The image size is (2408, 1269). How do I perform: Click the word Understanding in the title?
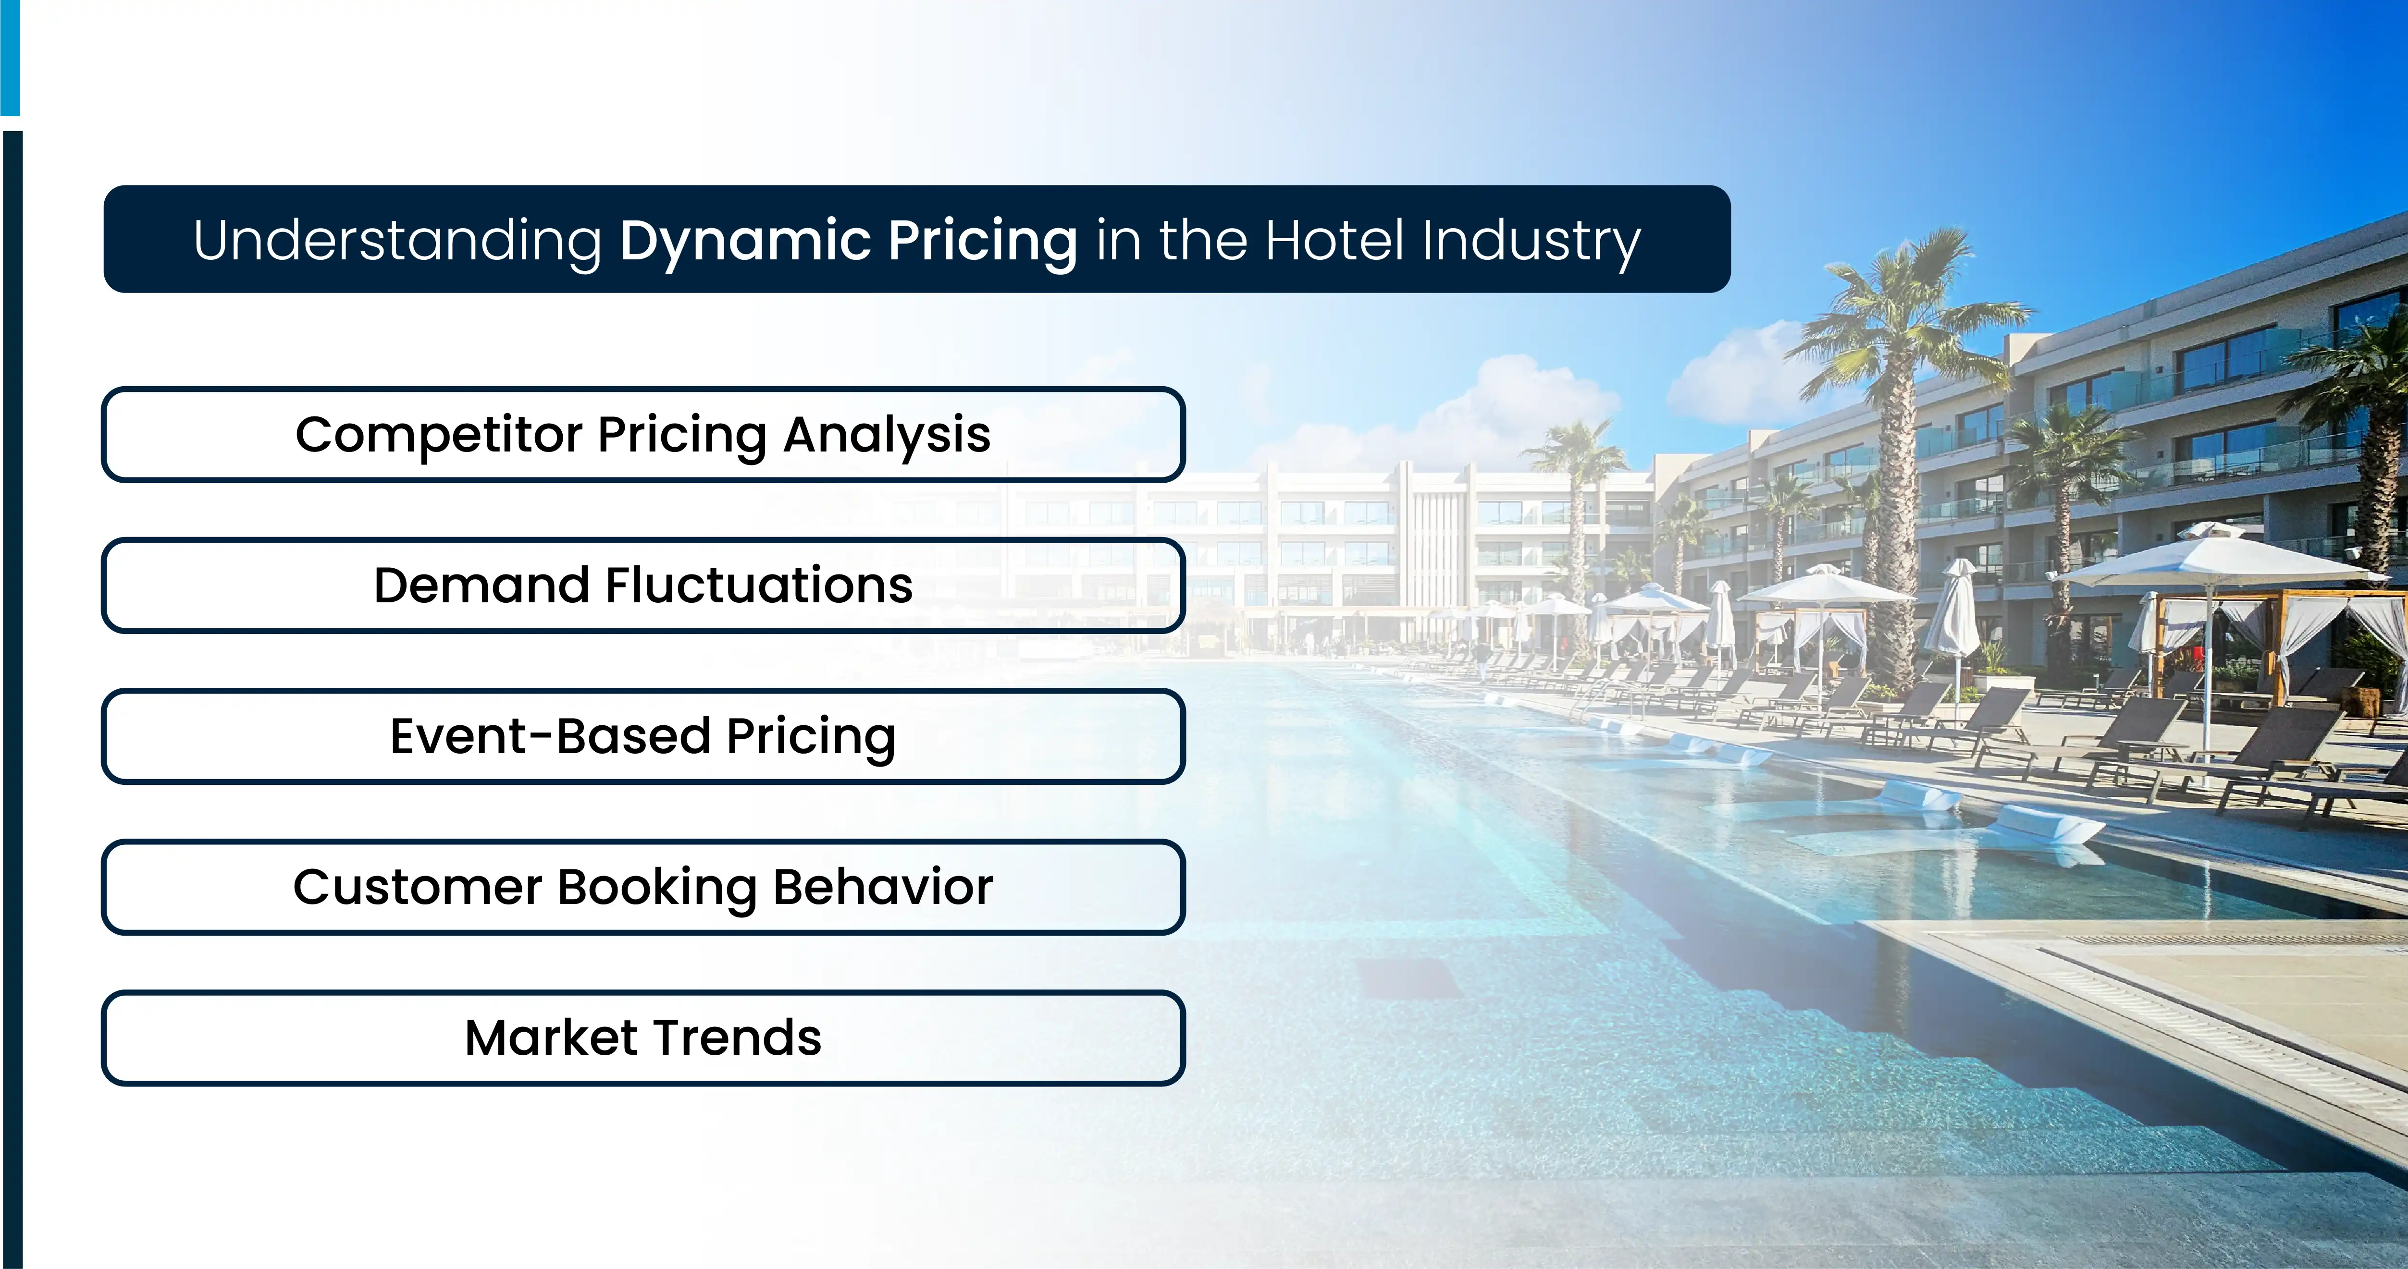click(x=397, y=241)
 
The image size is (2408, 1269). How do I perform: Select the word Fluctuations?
click(x=759, y=586)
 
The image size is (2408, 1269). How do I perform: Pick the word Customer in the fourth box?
click(x=417, y=887)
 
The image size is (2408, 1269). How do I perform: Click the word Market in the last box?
click(x=552, y=1038)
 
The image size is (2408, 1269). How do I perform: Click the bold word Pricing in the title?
click(x=982, y=241)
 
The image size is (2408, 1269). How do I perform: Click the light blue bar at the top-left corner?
click(x=9, y=56)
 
